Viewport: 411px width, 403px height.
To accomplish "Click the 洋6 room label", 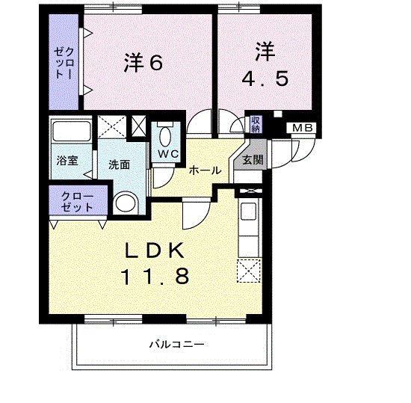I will (x=143, y=64).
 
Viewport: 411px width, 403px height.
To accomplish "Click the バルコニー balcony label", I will (x=176, y=345).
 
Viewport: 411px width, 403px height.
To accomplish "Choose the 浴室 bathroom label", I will (x=64, y=160).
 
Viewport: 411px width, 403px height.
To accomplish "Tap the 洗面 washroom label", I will (x=119, y=164).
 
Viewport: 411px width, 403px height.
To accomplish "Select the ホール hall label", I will (x=205, y=170).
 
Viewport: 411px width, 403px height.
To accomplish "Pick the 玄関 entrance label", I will (x=252, y=159).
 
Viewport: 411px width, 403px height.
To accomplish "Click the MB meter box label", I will (x=303, y=128).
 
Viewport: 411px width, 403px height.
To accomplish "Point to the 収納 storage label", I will (x=256, y=124).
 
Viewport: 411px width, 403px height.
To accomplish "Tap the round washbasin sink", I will (x=126, y=203).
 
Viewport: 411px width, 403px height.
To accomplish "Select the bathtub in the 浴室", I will (x=69, y=133).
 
